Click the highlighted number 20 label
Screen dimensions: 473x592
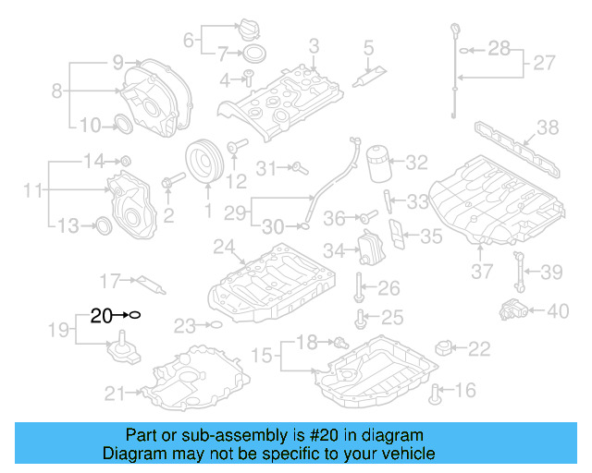pos(101,315)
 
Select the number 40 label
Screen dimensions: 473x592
pos(558,311)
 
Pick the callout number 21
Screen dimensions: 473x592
pos(114,394)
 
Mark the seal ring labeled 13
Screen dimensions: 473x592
pos(105,224)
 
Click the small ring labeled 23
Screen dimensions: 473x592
pos(215,324)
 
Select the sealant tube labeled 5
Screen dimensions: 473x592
pos(376,65)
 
